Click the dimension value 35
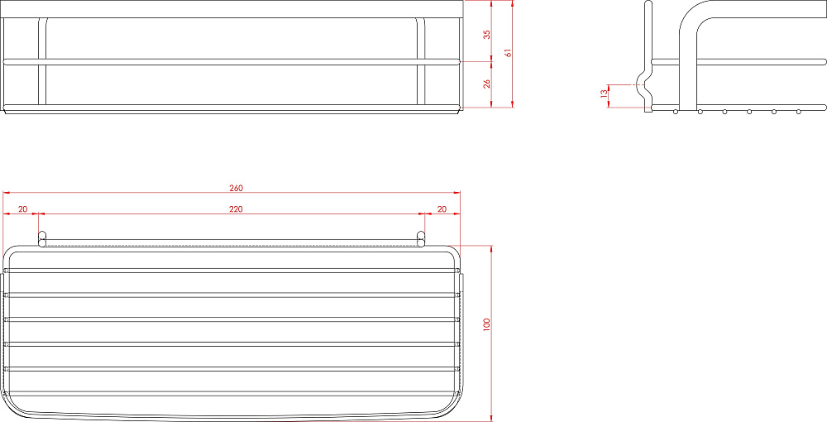(x=487, y=34)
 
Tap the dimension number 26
(x=487, y=84)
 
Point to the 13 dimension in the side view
(x=604, y=95)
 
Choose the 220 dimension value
(x=236, y=209)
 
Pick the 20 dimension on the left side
(x=22, y=209)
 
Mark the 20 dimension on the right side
(x=442, y=209)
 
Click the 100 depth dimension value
(x=487, y=325)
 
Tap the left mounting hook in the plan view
(x=42, y=239)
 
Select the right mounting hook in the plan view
(x=421, y=239)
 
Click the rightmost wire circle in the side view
(x=799, y=111)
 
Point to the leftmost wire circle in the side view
(x=676, y=111)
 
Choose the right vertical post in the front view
(x=420, y=62)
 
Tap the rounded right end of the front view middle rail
(x=457, y=61)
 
